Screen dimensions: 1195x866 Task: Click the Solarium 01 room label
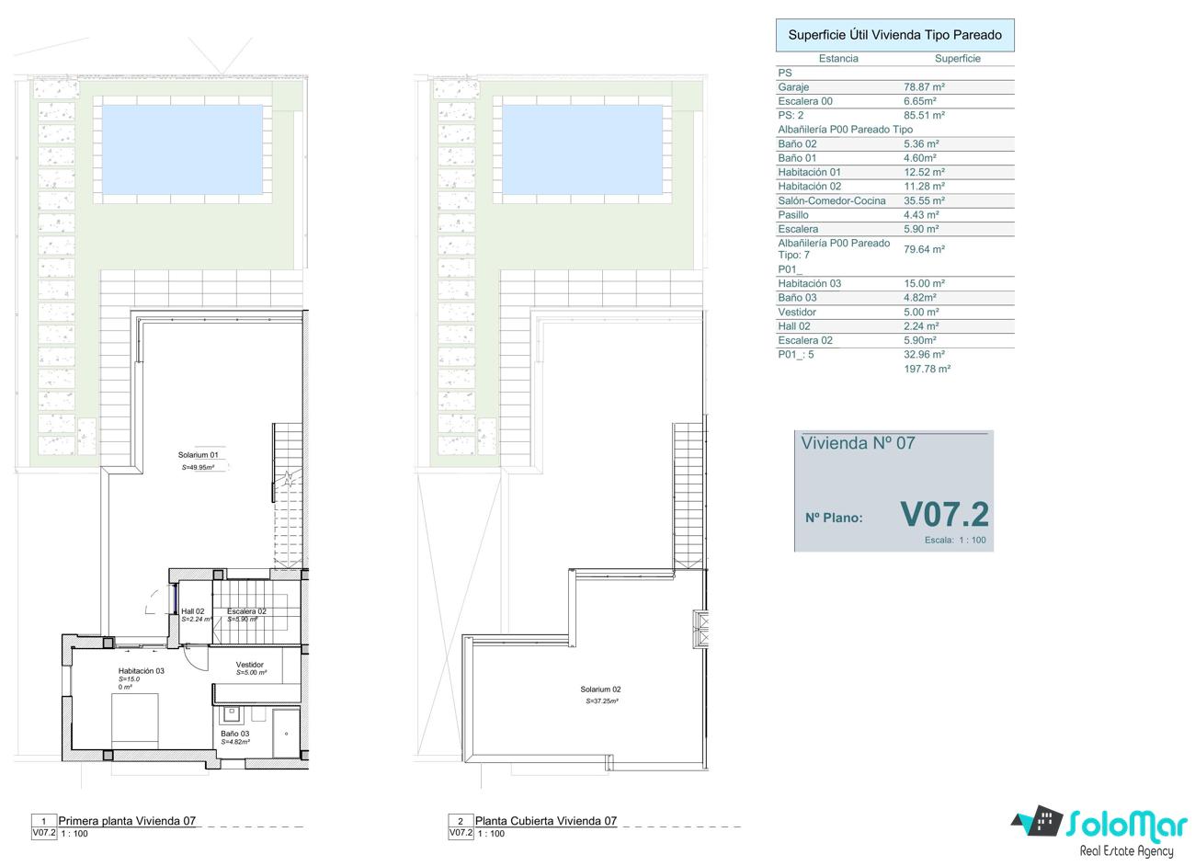pos(198,455)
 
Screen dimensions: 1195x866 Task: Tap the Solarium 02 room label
pos(600,689)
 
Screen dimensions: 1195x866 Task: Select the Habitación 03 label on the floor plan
pos(142,671)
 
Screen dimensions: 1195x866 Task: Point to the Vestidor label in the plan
pos(250,665)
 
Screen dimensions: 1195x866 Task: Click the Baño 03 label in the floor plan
pos(234,734)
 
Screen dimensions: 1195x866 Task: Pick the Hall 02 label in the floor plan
pos(193,611)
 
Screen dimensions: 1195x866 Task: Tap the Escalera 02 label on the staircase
pos(246,611)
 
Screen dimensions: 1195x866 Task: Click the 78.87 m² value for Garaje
pos(924,87)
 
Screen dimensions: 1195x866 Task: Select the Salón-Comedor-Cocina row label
pos(832,200)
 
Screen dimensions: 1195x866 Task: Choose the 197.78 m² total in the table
pos(928,369)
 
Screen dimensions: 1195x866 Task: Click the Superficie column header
pos(958,59)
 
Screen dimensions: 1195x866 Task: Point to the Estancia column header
pos(838,59)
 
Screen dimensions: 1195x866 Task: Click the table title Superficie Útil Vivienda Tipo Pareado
pos(895,35)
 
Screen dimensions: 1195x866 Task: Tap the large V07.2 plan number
pos(944,515)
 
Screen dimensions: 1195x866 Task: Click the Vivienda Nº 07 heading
pos(858,443)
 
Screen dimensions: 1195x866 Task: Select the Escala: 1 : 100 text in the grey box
pos(955,540)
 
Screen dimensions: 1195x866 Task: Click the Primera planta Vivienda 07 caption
pos(127,821)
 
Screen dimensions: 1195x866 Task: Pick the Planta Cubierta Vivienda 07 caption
pos(546,821)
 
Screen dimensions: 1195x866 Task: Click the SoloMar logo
pos(1099,831)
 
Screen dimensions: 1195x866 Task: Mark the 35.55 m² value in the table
pos(924,200)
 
